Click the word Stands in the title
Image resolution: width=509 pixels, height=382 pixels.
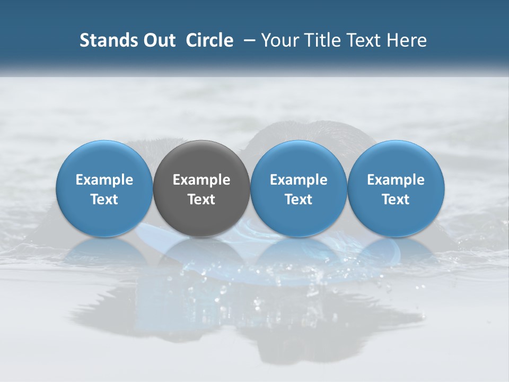(x=104, y=40)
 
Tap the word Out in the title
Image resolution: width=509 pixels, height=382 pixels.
(x=157, y=40)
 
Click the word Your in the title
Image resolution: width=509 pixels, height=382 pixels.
(x=278, y=40)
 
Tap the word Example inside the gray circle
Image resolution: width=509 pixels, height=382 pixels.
(x=201, y=180)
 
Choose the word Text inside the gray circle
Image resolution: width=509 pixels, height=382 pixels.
(x=201, y=199)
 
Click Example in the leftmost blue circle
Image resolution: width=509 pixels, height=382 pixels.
(x=104, y=180)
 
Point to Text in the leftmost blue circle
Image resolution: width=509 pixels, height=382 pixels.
(x=104, y=199)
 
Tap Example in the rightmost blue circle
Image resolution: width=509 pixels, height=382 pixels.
(x=396, y=180)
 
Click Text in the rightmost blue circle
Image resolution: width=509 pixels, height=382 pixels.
(x=396, y=199)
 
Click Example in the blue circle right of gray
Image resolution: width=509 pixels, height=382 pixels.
(x=299, y=180)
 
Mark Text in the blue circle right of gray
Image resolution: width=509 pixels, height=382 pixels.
(x=299, y=199)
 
